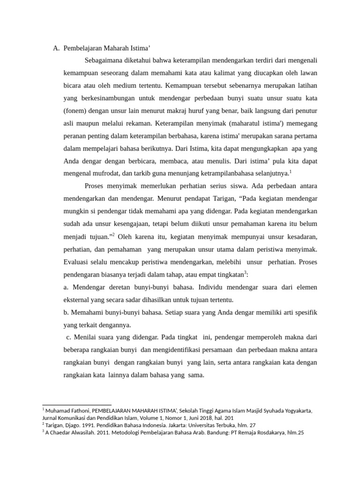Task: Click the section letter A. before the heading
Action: [x=56, y=48]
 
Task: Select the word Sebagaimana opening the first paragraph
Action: [x=105, y=60]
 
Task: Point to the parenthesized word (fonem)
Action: [x=76, y=111]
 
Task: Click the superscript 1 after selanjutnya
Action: [x=291, y=171]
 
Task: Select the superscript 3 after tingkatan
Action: [x=245, y=271]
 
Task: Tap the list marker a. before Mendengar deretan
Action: [x=66, y=287]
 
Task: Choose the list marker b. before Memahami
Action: [x=66, y=312]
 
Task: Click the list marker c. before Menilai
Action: [x=69, y=337]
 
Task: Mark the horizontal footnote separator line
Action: [x=77, y=405]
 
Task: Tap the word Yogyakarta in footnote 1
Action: [x=296, y=411]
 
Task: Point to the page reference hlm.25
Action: [x=293, y=433]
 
